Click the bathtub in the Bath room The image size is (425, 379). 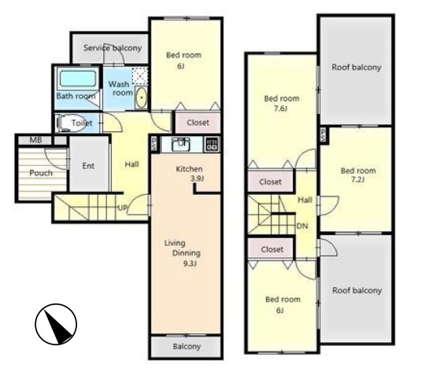(78, 78)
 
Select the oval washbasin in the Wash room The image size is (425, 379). (141, 98)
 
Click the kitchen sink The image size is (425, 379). (181, 145)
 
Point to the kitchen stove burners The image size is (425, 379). (212, 145)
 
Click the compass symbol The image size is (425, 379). (56, 324)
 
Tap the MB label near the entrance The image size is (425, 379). (35, 140)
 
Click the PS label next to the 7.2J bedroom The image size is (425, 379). (323, 134)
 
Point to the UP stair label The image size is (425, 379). (123, 208)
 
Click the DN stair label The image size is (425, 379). (302, 226)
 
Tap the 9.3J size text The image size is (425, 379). (190, 263)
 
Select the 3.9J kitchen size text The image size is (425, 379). (197, 178)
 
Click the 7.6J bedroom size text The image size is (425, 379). (280, 109)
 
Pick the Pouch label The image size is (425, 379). (41, 173)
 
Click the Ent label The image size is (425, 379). (88, 166)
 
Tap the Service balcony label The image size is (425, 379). (113, 48)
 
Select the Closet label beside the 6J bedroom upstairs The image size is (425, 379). (272, 249)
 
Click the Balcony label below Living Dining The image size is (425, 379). (187, 347)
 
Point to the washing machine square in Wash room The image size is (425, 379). (139, 75)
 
